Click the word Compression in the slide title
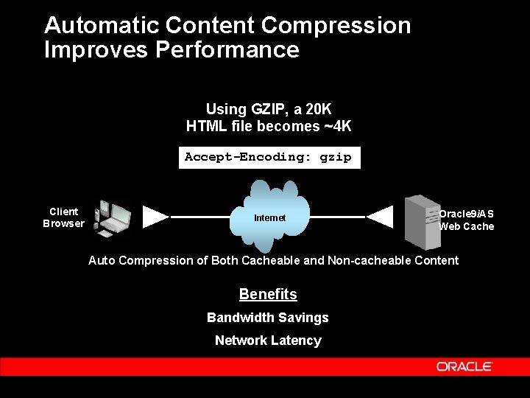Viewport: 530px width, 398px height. (336, 25)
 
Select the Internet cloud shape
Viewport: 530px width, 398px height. (269, 217)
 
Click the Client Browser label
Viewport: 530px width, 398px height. (63, 217)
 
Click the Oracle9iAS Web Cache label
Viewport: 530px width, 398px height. (467, 220)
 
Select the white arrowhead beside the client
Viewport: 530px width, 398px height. (155, 217)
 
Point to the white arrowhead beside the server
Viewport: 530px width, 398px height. (380, 217)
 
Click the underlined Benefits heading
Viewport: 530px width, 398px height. (268, 294)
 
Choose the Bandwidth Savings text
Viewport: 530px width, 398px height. (268, 318)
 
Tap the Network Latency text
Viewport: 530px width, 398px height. (268, 341)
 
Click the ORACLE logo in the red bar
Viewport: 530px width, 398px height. (464, 366)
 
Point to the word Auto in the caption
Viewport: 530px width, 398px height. (102, 260)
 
